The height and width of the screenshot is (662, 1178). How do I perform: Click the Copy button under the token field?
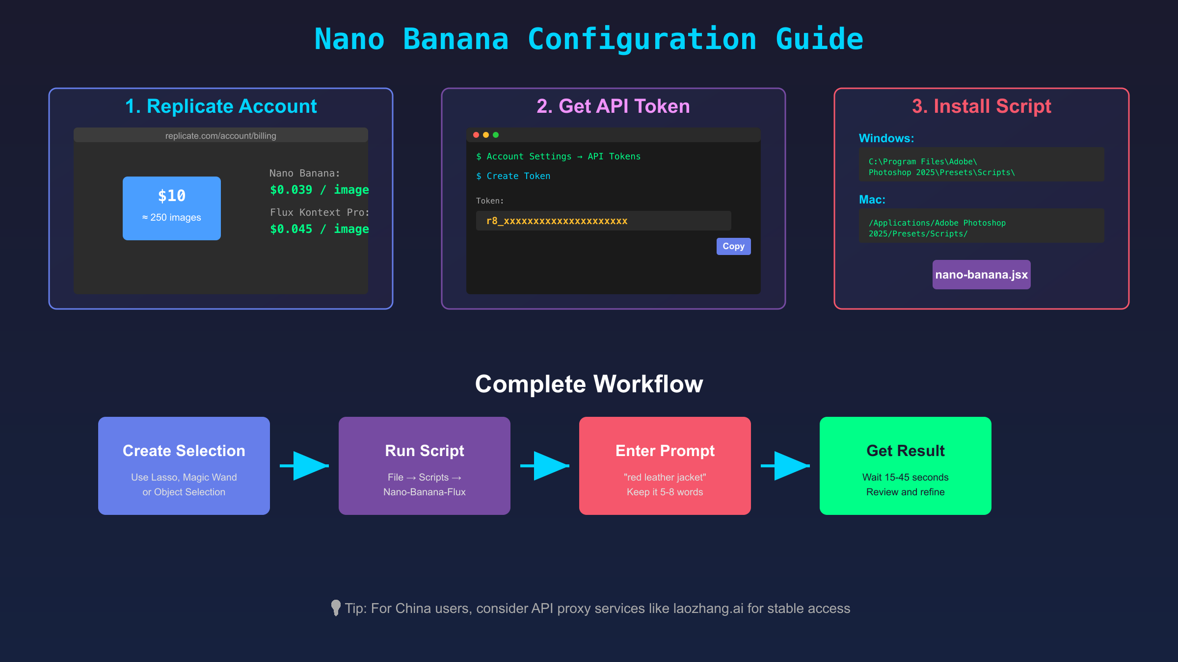coord(733,246)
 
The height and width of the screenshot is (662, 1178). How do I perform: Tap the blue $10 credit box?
coord(171,208)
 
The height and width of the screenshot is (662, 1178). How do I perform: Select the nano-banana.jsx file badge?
coord(981,275)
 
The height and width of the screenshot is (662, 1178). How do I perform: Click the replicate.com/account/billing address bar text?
coord(220,136)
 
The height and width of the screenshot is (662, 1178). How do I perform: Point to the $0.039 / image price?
coord(319,190)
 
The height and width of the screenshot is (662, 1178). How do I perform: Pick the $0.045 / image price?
coord(319,229)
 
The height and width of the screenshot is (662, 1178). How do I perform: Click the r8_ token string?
coord(557,221)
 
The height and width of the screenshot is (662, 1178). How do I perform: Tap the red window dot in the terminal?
coord(476,135)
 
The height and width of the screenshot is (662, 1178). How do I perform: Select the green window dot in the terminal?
coord(496,135)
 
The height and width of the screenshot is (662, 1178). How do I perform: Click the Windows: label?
coord(886,138)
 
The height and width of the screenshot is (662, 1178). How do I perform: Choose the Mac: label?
coord(872,200)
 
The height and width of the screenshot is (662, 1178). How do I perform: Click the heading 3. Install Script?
coord(981,106)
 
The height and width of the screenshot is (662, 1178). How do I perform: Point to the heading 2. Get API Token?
coord(613,106)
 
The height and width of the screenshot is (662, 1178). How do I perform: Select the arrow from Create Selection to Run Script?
coord(304,466)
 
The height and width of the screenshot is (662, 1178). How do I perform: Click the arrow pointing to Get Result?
coord(785,466)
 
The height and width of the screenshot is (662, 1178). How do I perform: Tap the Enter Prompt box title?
coord(665,451)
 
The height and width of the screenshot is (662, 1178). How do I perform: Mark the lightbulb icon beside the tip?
coord(336,608)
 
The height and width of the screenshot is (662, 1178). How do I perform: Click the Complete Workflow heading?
coord(589,384)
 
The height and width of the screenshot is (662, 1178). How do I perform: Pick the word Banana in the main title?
coord(455,39)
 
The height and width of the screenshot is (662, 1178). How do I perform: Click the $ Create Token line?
coord(513,176)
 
